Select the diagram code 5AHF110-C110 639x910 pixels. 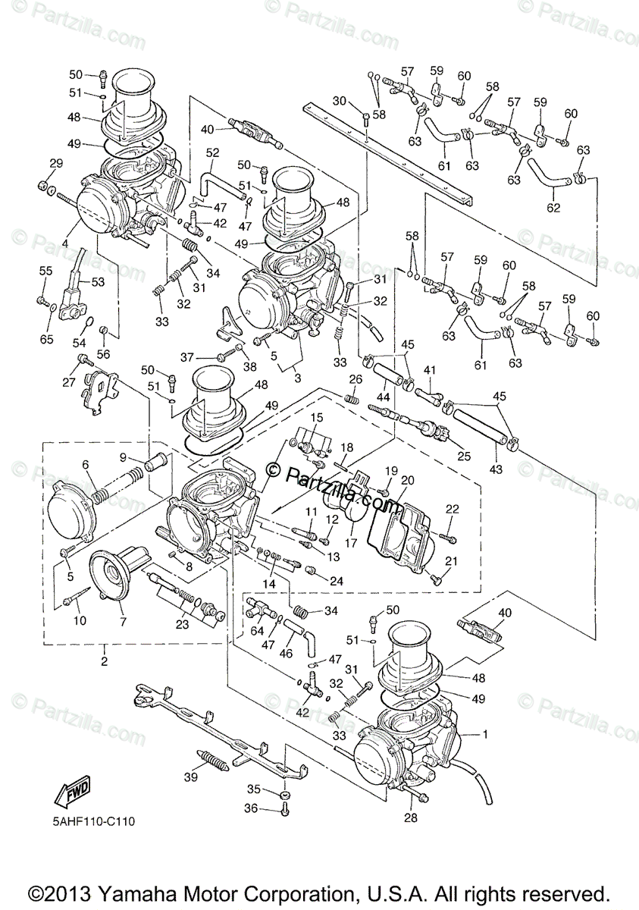point(90,821)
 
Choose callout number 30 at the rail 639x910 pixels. point(339,102)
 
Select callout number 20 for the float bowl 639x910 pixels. point(408,481)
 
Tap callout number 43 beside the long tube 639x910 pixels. point(496,469)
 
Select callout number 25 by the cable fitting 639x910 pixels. point(463,456)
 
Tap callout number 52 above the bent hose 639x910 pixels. point(211,153)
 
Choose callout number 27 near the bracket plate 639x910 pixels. point(69,381)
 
